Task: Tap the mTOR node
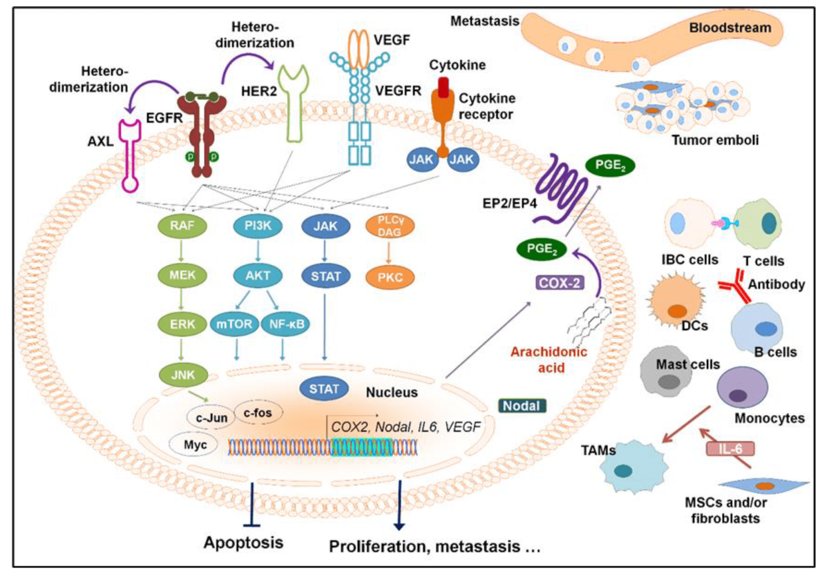230,323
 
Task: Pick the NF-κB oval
284,323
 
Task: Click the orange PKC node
385,276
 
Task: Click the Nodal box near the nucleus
522,406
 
